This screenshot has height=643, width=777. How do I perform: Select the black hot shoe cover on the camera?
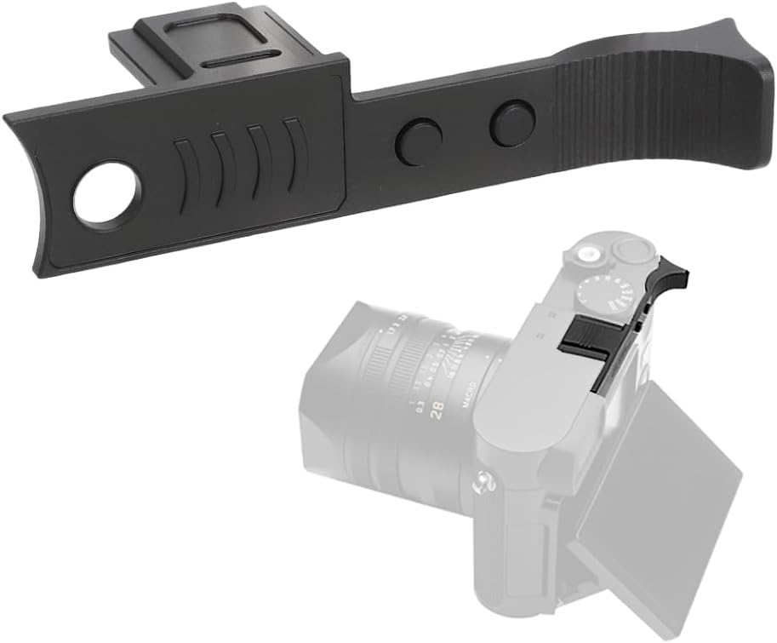pyautogui.click(x=587, y=333)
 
